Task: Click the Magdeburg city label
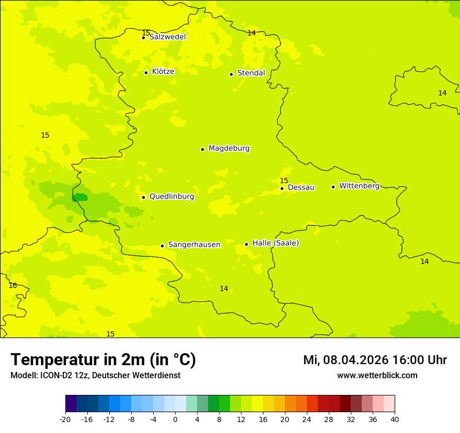click(x=228, y=149)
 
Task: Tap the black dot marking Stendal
click(x=232, y=74)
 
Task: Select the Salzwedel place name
click(x=167, y=37)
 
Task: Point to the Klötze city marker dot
click(x=146, y=73)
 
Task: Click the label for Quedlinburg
click(x=171, y=197)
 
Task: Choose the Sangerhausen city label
click(x=194, y=245)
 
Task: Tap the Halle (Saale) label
click(x=275, y=243)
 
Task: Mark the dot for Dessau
click(x=282, y=188)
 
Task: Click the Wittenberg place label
click(x=359, y=186)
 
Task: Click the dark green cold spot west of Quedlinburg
click(x=80, y=197)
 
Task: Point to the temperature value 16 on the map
click(x=13, y=285)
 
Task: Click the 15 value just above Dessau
click(x=284, y=181)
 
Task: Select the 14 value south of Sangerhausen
click(x=224, y=288)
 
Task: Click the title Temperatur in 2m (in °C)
click(x=103, y=359)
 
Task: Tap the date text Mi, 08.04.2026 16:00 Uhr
click(x=375, y=360)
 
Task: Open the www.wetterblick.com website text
click(x=377, y=376)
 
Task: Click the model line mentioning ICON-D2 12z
click(x=95, y=376)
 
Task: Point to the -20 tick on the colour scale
click(x=65, y=419)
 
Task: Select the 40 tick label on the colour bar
click(x=395, y=419)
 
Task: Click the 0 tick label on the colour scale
click(x=175, y=419)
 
